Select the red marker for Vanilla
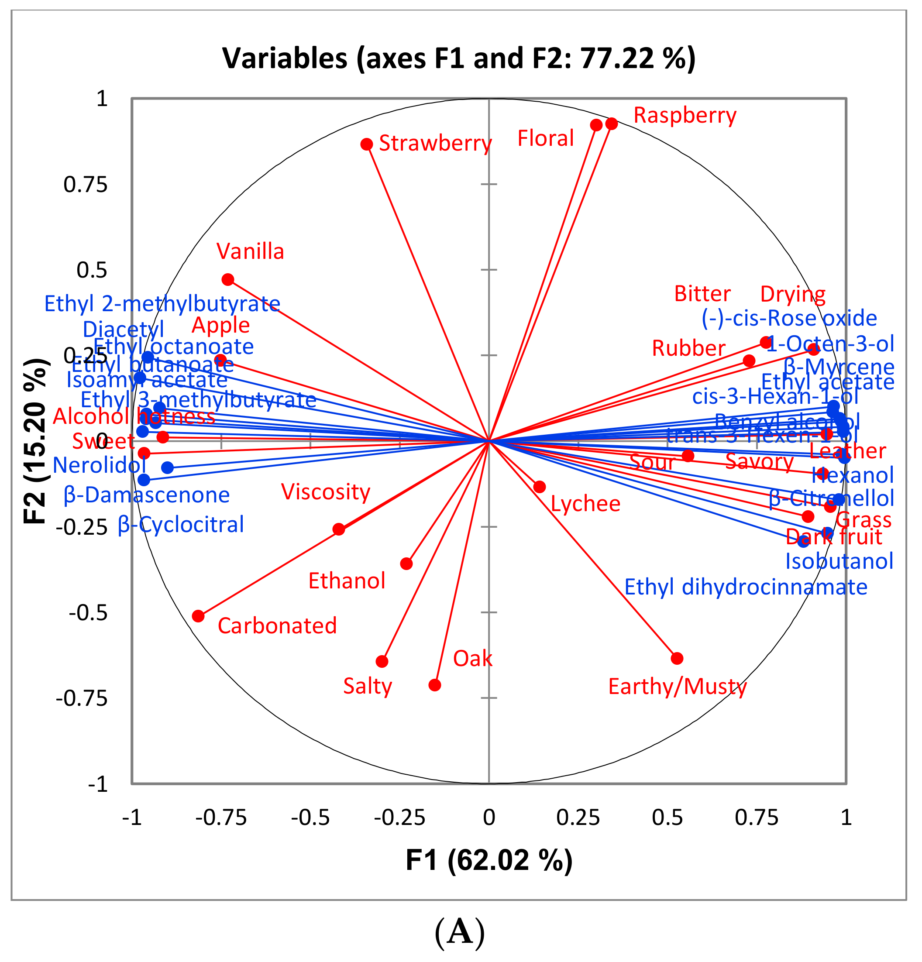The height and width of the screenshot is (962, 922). pyautogui.click(x=228, y=280)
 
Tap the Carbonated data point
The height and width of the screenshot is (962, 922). pyautogui.click(x=198, y=616)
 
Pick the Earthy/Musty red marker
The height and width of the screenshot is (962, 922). pyautogui.click(x=677, y=658)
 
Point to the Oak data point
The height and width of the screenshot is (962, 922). pyautogui.click(x=434, y=685)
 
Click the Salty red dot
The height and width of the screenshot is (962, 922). pyautogui.click(x=382, y=662)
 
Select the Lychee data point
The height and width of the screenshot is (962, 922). pyautogui.click(x=540, y=487)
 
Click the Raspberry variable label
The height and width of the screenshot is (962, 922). pyautogui.click(x=685, y=115)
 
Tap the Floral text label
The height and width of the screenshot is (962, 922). pyautogui.click(x=545, y=138)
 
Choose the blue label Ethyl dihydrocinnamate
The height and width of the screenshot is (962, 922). pyautogui.click(x=745, y=587)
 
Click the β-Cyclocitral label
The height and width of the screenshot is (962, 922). pyautogui.click(x=181, y=525)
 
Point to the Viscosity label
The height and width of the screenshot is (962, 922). pyautogui.click(x=326, y=492)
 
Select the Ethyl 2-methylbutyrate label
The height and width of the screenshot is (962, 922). pyautogui.click(x=162, y=304)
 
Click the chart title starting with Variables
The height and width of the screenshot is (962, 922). pyautogui.click(x=459, y=58)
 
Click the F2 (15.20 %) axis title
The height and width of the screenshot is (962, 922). pyautogui.click(x=36, y=441)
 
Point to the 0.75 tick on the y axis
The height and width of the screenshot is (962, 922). pyautogui.click(x=86, y=185)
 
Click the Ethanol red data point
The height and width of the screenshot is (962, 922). pyautogui.click(x=406, y=563)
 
